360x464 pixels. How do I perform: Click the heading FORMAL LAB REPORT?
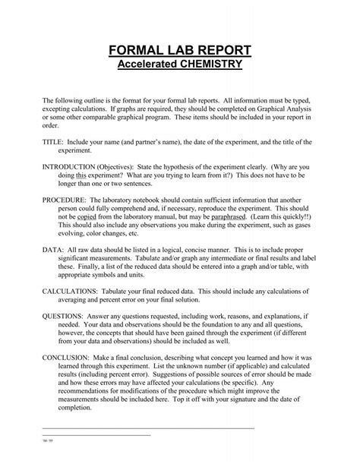180,52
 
